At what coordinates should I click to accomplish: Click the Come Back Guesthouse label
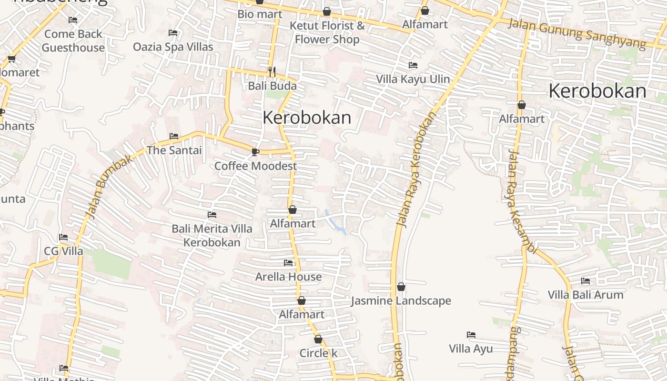73,41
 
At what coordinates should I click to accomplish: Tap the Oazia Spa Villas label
173,47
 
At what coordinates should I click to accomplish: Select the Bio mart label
260,14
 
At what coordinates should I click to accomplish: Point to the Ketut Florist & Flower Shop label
327,32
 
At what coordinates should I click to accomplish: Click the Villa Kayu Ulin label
413,79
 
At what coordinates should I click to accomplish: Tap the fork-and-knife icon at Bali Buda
272,72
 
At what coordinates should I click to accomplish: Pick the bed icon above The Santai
174,136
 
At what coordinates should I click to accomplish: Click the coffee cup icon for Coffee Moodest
255,152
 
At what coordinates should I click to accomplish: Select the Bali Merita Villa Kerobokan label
212,236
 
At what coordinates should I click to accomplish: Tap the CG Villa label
63,251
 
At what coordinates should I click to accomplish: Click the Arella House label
288,277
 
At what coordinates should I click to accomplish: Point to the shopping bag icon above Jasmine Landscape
401,287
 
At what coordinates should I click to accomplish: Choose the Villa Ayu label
471,349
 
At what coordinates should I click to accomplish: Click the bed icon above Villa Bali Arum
586,281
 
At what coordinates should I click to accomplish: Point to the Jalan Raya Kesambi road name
522,202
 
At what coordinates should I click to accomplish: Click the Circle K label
318,353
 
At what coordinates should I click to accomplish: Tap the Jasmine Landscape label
401,301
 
